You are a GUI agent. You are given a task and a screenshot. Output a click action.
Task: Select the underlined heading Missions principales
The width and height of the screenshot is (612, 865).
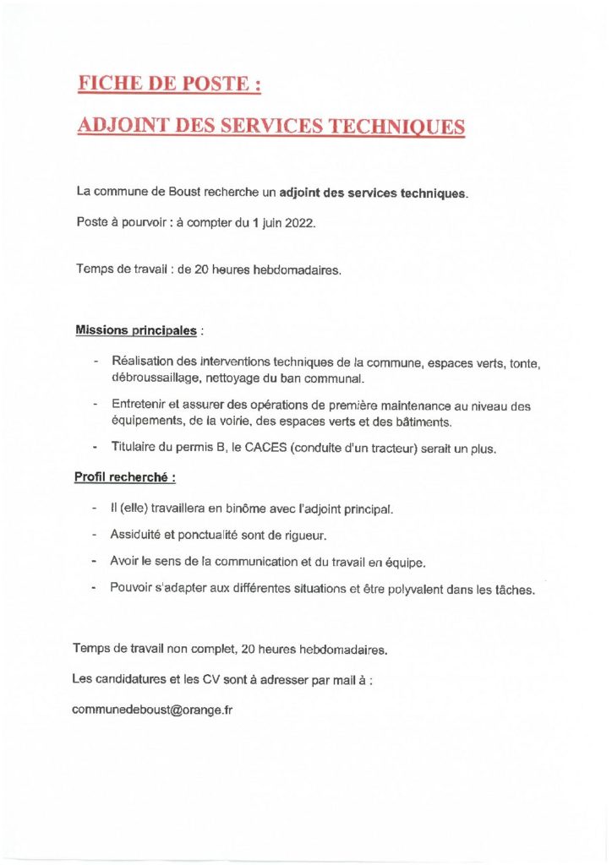(x=137, y=329)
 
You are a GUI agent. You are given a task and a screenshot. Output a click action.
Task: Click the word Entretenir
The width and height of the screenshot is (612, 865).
(x=138, y=406)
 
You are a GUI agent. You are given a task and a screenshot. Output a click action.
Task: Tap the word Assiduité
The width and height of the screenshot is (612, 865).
(x=137, y=536)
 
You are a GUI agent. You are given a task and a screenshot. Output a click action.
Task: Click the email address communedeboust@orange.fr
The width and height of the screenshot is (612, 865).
(x=153, y=710)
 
